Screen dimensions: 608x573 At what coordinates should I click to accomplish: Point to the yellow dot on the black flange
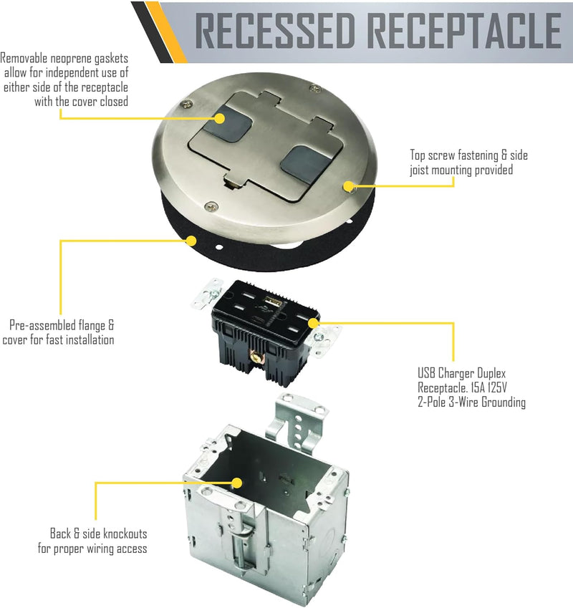coord(190,240)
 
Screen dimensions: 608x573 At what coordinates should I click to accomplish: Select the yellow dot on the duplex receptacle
coord(313,322)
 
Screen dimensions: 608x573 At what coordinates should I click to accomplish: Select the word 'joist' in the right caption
coord(423,170)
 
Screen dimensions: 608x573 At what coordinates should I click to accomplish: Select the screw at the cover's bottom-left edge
coord(208,207)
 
